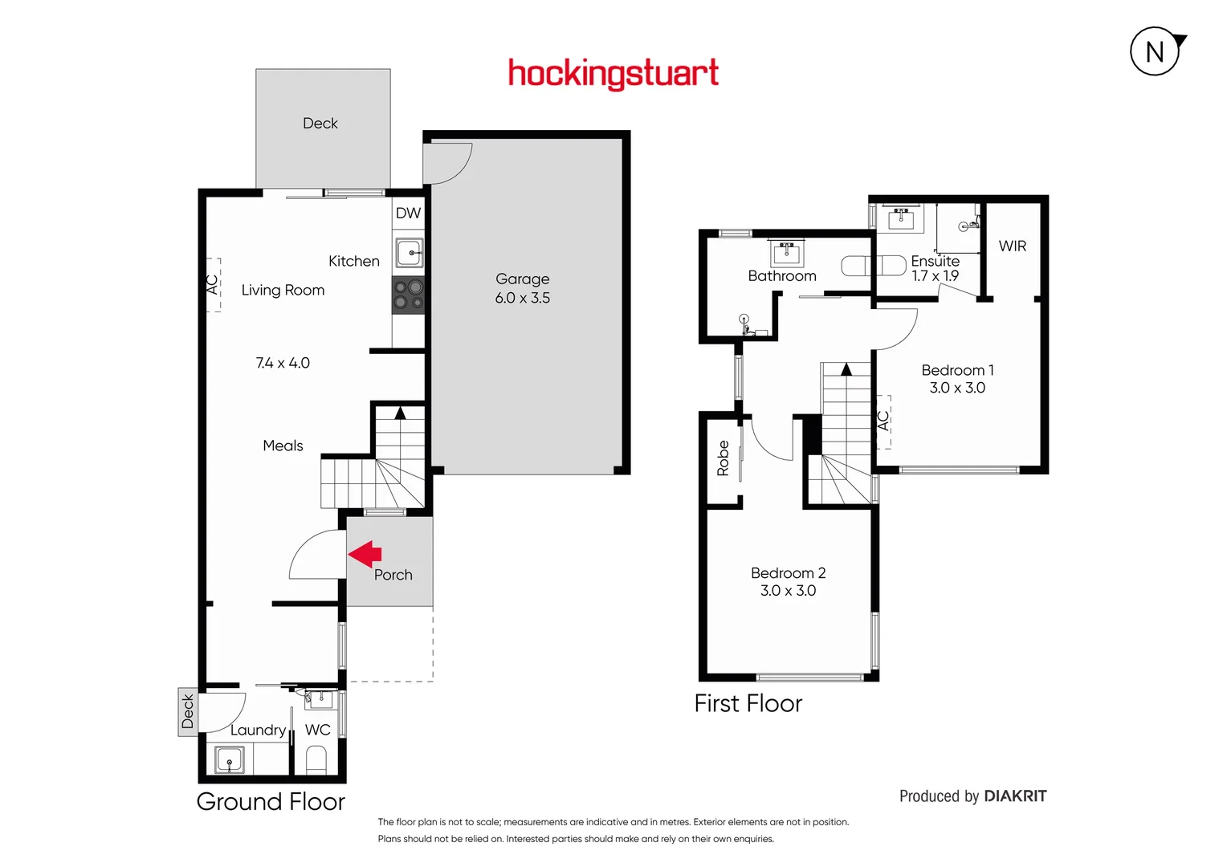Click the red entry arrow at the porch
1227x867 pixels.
[365, 554]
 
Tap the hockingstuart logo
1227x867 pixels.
[613, 74]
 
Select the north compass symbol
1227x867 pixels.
[1156, 52]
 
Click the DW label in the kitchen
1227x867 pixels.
[408, 214]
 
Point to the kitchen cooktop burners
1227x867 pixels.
[409, 295]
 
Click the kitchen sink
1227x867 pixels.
[410, 254]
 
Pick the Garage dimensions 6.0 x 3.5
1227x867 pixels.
[523, 298]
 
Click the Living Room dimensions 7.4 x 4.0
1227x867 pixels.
[283, 363]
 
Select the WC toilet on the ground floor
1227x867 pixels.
[316, 759]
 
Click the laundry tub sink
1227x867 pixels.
[230, 759]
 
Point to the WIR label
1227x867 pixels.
[1013, 246]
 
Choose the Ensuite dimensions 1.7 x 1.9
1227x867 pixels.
[935, 276]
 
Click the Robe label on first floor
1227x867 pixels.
[723, 458]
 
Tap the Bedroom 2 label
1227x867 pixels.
[788, 573]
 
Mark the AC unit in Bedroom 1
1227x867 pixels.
[883, 421]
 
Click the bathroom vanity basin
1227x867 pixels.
[786, 254]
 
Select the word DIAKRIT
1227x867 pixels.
[1015, 796]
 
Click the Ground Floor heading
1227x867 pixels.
[271, 802]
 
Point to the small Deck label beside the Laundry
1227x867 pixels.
[188, 711]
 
